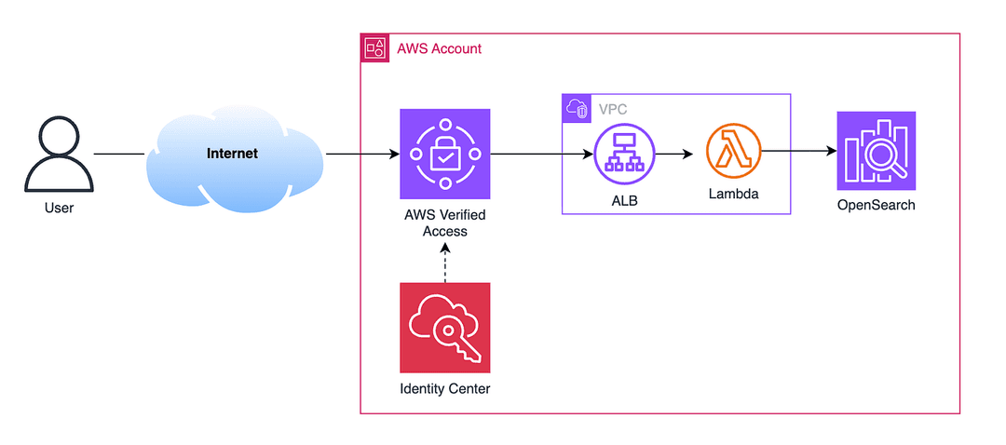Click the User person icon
(59, 154)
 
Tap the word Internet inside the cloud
(232, 154)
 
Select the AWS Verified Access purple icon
(444, 154)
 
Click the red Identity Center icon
(444, 328)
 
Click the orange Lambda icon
(733, 154)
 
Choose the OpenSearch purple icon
(876, 151)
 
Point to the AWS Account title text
(440, 48)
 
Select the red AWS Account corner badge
(375, 48)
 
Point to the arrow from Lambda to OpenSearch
(799, 152)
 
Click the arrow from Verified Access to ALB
(541, 154)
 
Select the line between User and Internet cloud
(120, 154)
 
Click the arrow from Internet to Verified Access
(362, 154)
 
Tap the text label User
(59, 208)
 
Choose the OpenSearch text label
(876, 206)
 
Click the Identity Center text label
(444, 388)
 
